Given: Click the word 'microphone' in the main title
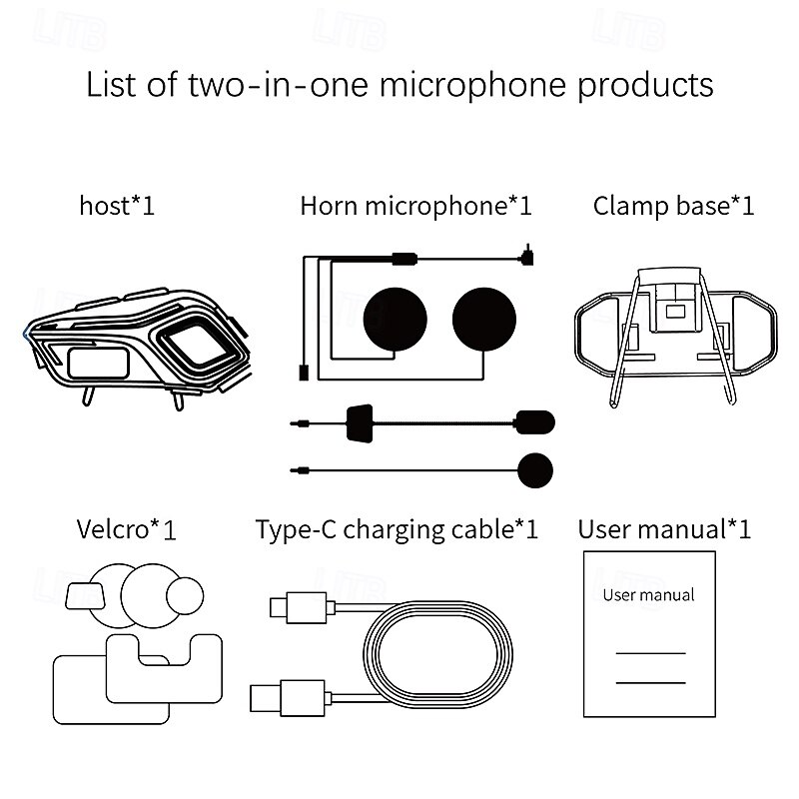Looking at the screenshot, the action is pos(472,85).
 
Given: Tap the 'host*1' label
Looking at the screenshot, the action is pos(117,206).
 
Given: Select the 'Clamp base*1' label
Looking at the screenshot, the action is pos(673,206).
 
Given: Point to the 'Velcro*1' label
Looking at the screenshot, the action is pos(127,529).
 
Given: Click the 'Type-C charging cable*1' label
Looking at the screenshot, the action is pos(397,530).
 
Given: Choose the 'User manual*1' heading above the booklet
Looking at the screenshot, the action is pos(664,529).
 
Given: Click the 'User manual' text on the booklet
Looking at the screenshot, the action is pos(648,595).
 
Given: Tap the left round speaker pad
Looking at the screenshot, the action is pos(395,320).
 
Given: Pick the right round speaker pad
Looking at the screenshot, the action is pos(484,320).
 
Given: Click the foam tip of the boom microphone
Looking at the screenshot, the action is pos(534,422).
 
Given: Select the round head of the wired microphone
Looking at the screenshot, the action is pos(535,470).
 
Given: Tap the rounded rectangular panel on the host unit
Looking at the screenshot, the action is pos(98,363).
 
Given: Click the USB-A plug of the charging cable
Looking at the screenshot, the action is pos(290,698).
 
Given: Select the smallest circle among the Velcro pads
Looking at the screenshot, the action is pos(185,595).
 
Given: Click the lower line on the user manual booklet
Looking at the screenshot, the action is pos(651,683).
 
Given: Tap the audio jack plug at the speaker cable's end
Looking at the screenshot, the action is pos(527,257).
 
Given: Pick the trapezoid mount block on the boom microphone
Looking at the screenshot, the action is pos(360,423).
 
